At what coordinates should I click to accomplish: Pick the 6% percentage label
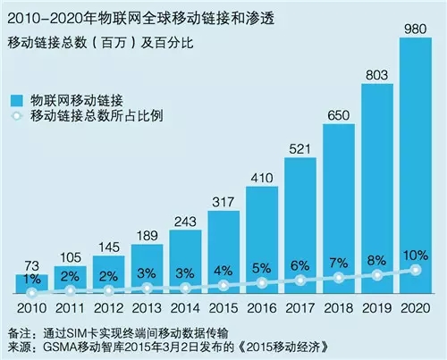(301, 265)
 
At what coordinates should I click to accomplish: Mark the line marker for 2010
(32, 292)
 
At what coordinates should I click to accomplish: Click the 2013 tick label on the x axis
(147, 309)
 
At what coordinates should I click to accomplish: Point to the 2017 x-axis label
(301, 309)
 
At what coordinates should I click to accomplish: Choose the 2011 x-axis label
(70, 309)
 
